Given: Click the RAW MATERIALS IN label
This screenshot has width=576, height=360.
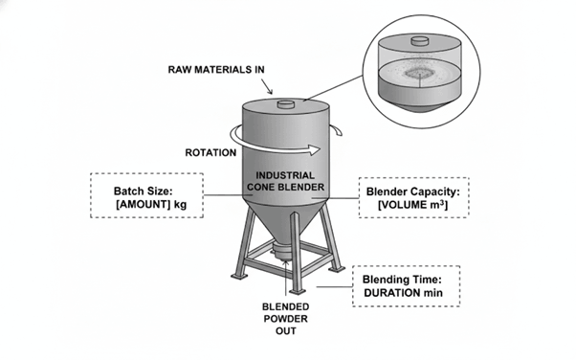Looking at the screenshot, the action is coord(216,70).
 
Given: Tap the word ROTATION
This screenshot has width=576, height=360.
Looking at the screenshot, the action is coord(210,152).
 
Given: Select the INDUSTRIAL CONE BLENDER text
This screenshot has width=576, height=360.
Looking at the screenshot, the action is coord(285,181).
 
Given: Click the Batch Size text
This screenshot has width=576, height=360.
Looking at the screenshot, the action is coord(143,191).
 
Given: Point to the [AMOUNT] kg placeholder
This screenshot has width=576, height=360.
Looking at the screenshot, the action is coord(151,205).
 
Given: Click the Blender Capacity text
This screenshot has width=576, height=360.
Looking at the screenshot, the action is coord(413,191).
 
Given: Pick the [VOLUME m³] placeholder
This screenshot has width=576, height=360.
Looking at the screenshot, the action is coord(413,205).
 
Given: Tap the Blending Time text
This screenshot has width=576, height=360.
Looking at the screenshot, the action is coord(402,280).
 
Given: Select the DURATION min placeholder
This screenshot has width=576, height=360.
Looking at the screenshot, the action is coord(403,293).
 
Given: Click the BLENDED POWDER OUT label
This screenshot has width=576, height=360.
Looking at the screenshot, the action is coord(285,319).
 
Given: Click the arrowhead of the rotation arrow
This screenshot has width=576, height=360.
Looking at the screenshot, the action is coord(314,149).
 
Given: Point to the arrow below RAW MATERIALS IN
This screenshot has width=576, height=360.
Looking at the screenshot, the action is coord(267,87).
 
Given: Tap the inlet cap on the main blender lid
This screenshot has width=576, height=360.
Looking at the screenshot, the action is coord(286,104).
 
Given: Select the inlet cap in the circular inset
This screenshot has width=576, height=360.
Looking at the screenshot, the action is coord(419,41).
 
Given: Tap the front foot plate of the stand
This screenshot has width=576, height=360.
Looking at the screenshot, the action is coord(298,292).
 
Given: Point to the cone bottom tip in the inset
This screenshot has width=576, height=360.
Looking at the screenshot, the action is coord(419,109).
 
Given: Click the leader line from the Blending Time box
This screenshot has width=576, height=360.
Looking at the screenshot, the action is coord(334,286).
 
